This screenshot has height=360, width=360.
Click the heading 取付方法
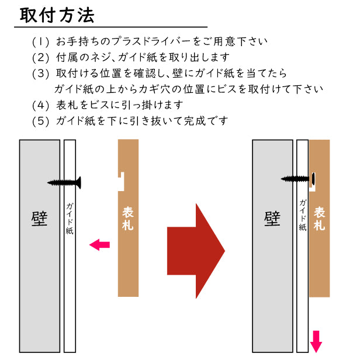point(57,15)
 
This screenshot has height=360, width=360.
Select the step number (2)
point(41,58)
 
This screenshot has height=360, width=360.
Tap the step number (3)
point(41,74)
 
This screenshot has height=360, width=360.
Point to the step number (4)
point(41,105)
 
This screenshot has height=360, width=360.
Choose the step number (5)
point(41,121)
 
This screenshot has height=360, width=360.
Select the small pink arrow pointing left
point(99,245)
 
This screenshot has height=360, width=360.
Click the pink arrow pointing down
point(316,341)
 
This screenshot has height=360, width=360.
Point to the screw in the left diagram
point(65,182)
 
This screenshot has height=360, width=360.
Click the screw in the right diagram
point(298,178)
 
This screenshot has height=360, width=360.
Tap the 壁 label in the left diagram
point(39,217)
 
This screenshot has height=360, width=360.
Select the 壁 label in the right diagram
point(272,217)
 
